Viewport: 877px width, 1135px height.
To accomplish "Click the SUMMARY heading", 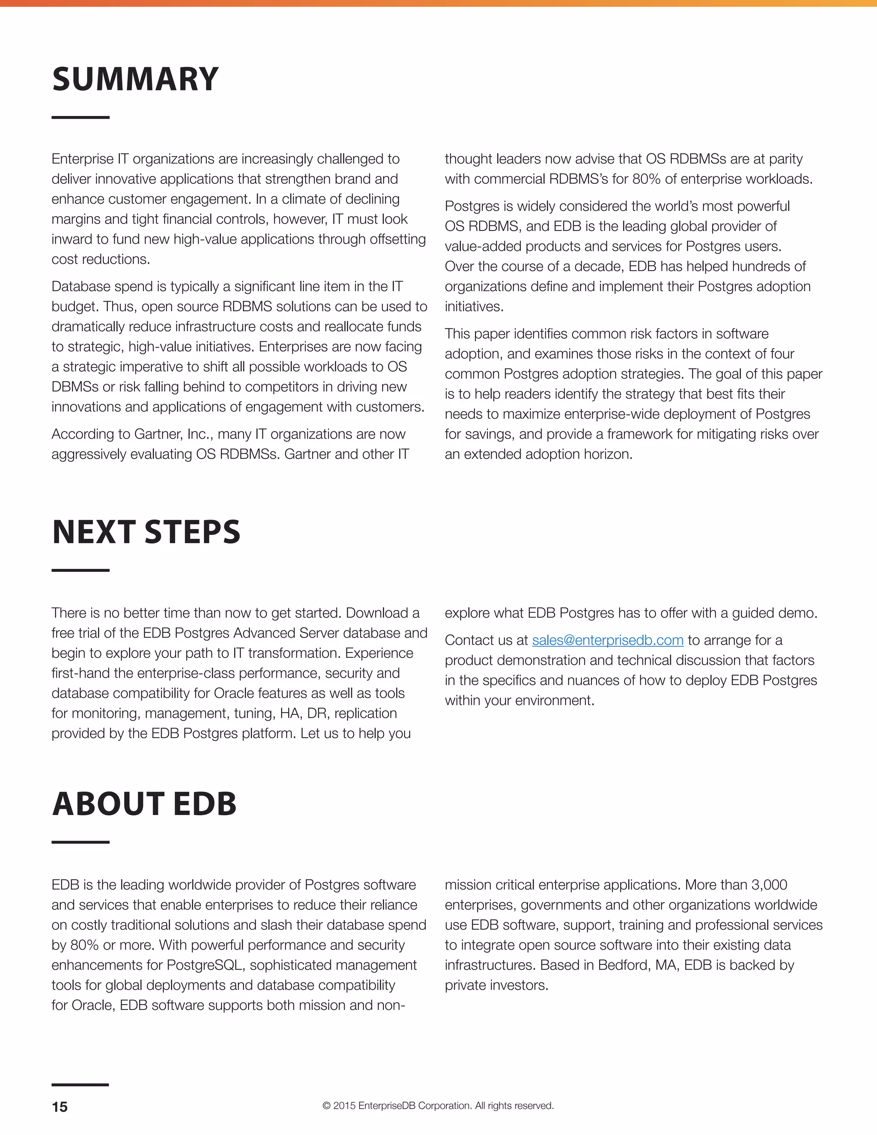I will tap(135, 80).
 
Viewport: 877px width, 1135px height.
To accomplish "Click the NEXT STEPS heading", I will tap(146, 532).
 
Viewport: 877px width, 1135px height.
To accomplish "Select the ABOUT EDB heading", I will tap(144, 804).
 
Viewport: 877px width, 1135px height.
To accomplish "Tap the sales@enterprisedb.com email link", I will tap(607, 640).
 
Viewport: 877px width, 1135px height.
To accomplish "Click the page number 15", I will tap(60, 1107).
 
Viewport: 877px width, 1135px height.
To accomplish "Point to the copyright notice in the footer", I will tap(438, 1106).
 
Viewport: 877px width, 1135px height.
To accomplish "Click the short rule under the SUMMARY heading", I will tap(81, 117).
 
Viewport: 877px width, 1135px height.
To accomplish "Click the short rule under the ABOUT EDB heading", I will tap(81, 842).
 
